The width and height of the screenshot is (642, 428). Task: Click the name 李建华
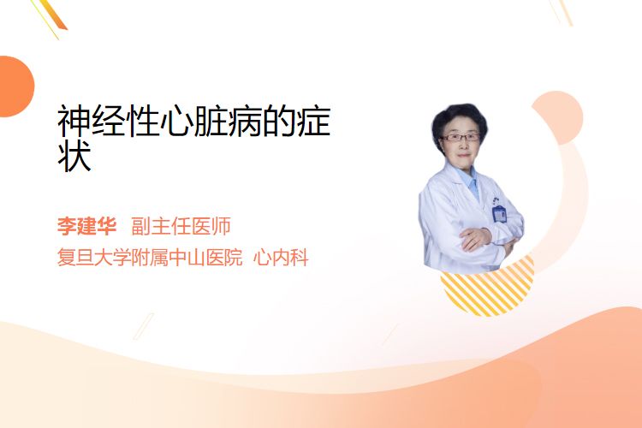click(86, 226)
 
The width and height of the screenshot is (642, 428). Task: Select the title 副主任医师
click(181, 226)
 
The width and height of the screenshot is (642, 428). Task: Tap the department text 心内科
click(281, 258)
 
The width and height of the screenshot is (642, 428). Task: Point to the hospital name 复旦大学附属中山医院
click(150, 258)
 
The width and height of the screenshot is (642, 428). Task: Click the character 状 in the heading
click(74, 157)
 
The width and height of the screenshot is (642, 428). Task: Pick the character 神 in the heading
click(74, 121)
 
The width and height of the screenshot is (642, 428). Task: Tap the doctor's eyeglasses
click(461, 137)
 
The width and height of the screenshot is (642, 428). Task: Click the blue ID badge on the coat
click(499, 213)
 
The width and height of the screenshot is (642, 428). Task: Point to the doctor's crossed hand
click(475, 238)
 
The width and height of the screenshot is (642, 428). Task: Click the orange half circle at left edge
click(15, 86)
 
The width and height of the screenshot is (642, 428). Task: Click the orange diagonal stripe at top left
click(53, 15)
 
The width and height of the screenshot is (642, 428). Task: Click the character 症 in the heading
click(314, 121)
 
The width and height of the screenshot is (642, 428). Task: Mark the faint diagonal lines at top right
click(562, 12)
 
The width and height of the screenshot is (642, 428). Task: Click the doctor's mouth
click(463, 155)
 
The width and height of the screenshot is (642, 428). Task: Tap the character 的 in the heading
click(280, 121)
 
